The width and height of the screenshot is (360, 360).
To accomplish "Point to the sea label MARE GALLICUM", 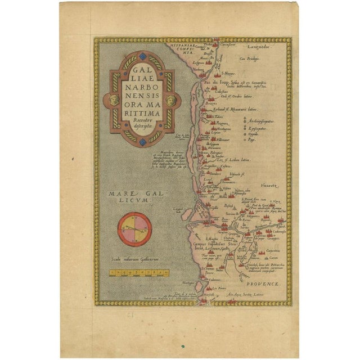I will (x=128, y=196).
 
